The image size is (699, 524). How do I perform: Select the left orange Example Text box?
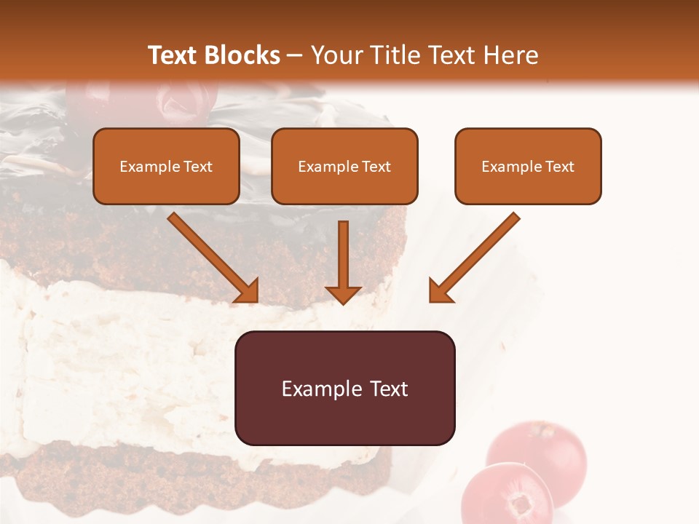[166, 166]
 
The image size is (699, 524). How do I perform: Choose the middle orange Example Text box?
[344, 166]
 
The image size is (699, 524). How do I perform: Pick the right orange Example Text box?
[528, 166]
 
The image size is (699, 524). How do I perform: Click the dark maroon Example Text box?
[344, 388]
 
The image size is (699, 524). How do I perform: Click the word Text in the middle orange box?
[376, 167]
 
